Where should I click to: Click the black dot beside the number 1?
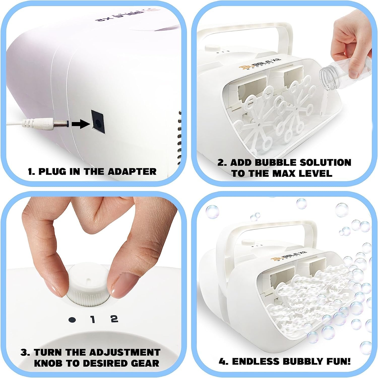(72, 319)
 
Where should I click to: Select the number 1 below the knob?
(93, 319)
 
